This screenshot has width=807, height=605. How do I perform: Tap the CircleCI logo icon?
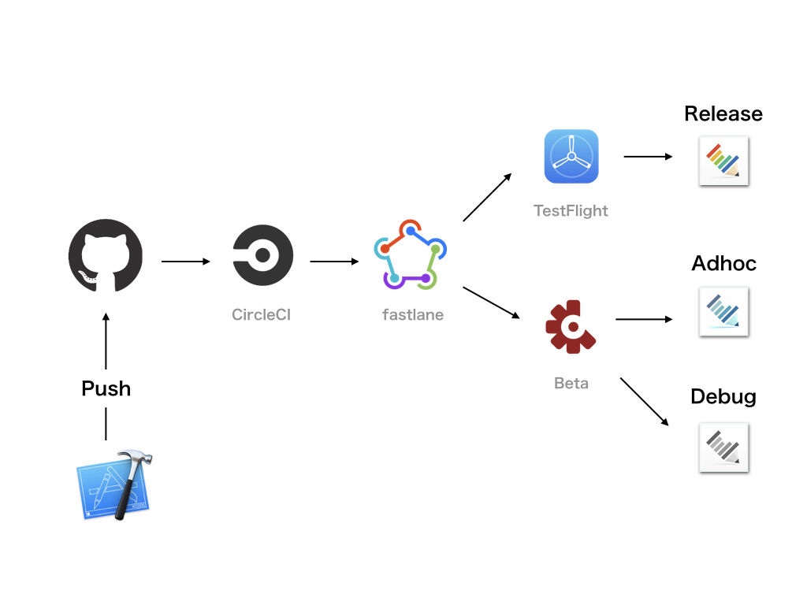pos(263,256)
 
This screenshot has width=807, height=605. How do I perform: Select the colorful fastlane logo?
pos(410,254)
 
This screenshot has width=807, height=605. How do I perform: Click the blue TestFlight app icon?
pos(571,156)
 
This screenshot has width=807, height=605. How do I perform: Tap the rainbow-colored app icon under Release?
pos(723,161)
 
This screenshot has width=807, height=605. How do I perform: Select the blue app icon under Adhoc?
pos(723,312)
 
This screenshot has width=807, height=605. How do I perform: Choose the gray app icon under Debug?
pos(723,447)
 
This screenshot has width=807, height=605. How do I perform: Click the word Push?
pos(106,388)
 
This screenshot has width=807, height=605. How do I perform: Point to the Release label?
pos(723,114)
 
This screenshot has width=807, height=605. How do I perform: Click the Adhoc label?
pos(723,263)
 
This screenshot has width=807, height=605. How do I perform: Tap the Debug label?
pos(723,396)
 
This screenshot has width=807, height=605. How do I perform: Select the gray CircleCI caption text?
pos(262,315)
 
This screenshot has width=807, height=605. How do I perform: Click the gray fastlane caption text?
pos(413,315)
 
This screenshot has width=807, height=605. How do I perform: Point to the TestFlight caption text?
pos(571,211)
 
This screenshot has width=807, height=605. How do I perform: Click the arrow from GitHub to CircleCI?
pos(186,261)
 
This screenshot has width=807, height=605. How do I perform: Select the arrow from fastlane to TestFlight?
pos(486,198)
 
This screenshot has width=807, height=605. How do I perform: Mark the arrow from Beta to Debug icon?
pos(644,402)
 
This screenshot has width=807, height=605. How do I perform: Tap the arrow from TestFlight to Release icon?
pos(648,156)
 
